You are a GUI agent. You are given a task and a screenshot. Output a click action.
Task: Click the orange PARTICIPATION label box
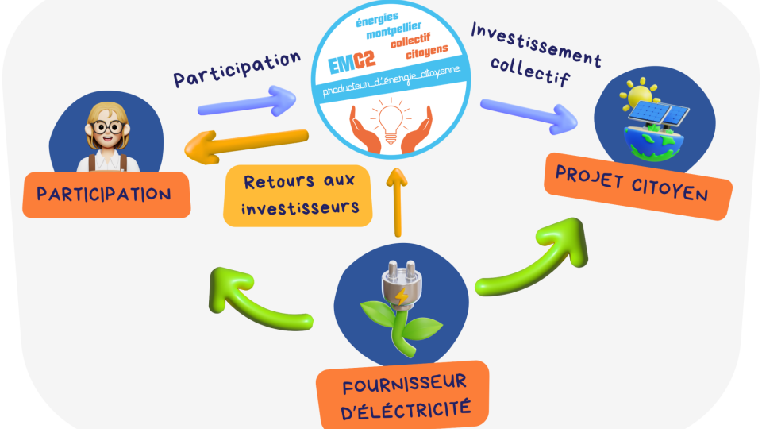click(x=105, y=194)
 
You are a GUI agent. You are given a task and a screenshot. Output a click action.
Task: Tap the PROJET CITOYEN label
click(x=637, y=184)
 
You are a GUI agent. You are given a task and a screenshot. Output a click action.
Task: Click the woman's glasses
click(x=106, y=127)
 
